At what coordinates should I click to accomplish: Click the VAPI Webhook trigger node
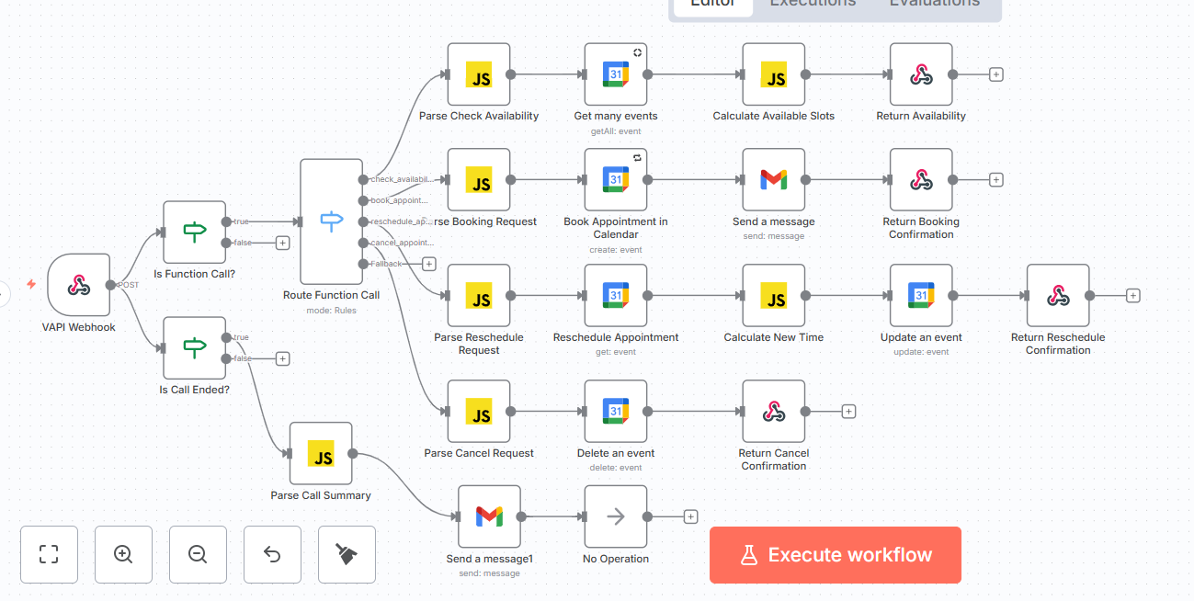click(x=79, y=285)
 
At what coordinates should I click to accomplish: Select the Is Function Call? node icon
click(x=194, y=232)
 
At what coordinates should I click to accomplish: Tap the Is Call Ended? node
click(x=194, y=347)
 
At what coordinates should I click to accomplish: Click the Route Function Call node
click(x=331, y=221)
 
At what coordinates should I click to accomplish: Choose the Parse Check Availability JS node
click(x=479, y=74)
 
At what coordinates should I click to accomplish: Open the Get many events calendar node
click(x=616, y=74)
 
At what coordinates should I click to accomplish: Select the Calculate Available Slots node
click(x=774, y=74)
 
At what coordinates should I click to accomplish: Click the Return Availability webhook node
click(x=921, y=74)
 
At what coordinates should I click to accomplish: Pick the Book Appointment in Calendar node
click(x=616, y=179)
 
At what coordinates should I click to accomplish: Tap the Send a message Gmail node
click(x=774, y=179)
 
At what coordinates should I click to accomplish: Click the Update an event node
click(x=921, y=295)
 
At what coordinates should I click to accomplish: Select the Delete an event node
click(x=616, y=411)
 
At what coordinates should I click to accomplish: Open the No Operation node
click(x=616, y=516)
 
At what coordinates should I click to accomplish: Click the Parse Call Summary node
click(x=321, y=453)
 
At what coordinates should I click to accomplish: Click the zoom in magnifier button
click(x=123, y=554)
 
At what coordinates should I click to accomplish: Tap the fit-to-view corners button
click(x=49, y=554)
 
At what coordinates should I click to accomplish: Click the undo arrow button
click(x=272, y=554)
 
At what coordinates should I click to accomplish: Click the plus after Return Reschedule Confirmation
click(x=1133, y=296)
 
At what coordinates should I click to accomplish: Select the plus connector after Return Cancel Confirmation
click(x=849, y=412)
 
